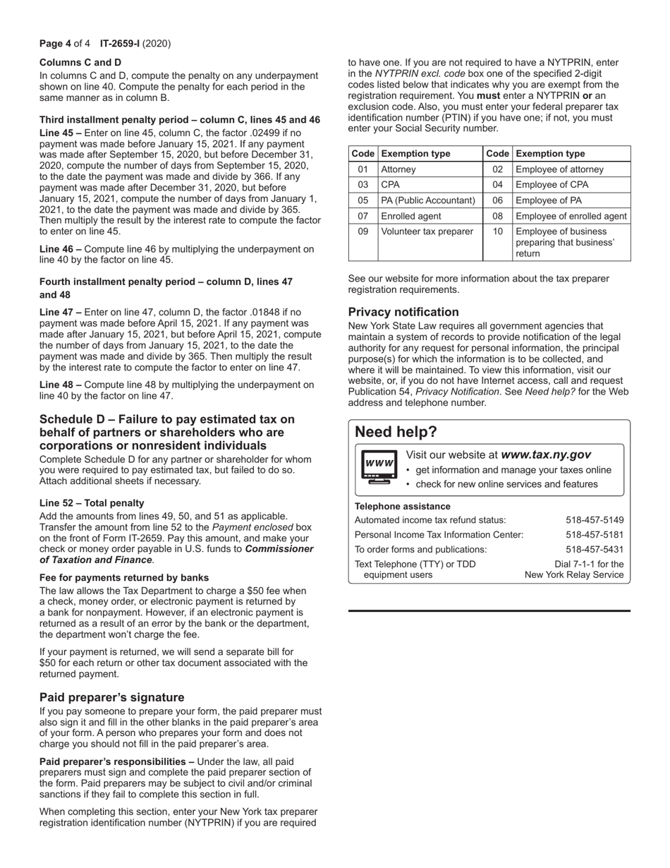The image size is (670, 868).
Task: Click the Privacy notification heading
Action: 403,312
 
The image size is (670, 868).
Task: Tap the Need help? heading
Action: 396,432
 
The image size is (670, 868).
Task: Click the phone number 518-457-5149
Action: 595,520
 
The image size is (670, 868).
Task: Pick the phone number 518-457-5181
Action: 595,535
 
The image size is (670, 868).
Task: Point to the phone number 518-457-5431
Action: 595,550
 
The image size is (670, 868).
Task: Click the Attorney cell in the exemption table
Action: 398,169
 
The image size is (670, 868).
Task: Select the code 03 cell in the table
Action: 363,185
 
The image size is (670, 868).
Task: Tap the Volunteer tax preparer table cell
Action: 427,231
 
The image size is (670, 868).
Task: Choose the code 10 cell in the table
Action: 497,231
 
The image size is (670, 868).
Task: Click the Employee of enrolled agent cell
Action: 570,216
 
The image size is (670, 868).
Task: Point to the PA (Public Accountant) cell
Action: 428,200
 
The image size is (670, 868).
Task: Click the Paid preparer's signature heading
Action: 111,697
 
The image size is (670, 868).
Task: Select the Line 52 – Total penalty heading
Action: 92,503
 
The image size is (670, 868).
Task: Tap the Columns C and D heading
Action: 80,62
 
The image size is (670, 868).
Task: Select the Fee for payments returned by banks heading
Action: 124,577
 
